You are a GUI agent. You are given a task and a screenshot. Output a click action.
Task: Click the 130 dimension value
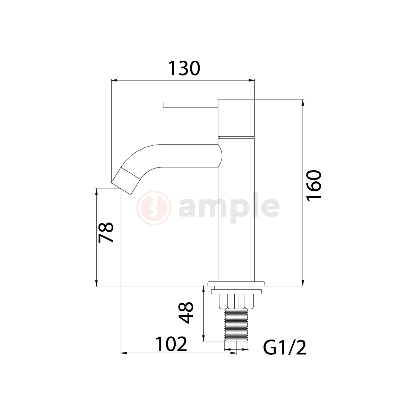tap(184, 68)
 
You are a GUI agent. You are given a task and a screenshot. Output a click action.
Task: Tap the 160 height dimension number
tap(314, 186)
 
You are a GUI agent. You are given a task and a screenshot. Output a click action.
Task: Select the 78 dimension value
tap(106, 233)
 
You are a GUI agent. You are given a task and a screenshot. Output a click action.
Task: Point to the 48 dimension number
tap(186, 313)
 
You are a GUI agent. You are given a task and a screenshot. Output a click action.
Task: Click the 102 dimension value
tap(171, 344)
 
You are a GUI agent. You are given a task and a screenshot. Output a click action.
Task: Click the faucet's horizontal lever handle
tap(190, 105)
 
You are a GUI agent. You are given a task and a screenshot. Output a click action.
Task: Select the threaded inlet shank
tap(236, 325)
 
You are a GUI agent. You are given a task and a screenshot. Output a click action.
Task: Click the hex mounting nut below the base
tap(236, 301)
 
